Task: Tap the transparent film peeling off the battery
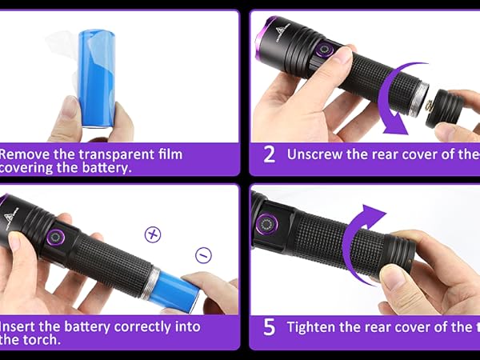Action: tap(63, 60)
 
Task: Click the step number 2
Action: tap(269, 154)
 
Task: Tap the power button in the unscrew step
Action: tap(325, 50)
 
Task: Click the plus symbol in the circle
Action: tap(152, 234)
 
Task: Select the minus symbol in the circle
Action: tap(203, 255)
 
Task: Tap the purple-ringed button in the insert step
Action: tap(58, 238)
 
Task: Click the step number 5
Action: tap(269, 327)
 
